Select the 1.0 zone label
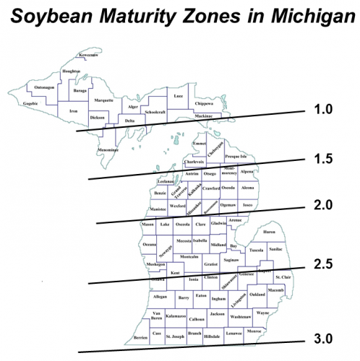(322, 110)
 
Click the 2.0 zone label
(322, 206)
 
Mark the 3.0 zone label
(322, 338)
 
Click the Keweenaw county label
(90, 55)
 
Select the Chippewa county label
(205, 103)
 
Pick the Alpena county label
(247, 172)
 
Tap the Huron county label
(269, 232)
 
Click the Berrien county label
(142, 338)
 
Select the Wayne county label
(262, 313)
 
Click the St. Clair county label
(281, 277)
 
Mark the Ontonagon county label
(44, 87)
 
